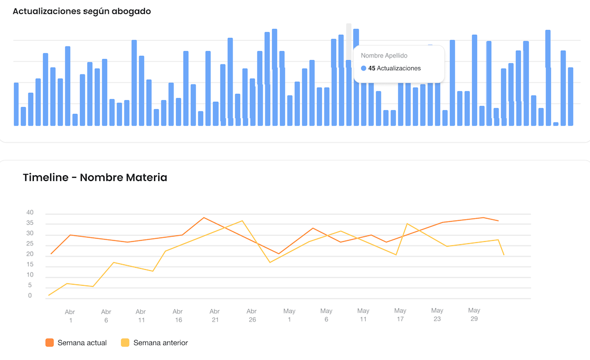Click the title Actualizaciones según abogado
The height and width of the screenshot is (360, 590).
click(82, 11)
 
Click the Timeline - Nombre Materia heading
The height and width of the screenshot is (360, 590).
click(95, 177)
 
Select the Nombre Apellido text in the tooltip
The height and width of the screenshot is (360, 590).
click(384, 55)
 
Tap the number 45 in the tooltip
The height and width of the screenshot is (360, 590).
click(372, 68)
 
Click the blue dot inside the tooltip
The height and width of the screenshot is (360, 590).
click(364, 68)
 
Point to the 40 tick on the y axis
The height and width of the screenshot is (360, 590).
click(30, 213)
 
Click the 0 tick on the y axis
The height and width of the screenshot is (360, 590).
click(30, 296)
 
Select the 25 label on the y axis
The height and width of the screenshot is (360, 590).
click(30, 244)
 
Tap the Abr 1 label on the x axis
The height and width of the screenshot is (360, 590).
click(70, 316)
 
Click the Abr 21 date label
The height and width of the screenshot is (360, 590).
click(214, 316)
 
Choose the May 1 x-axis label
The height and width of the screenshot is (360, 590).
click(289, 316)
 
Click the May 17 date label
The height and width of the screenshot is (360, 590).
click(400, 315)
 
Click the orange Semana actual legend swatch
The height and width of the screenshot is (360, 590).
click(50, 343)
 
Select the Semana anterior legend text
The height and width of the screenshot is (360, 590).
click(160, 343)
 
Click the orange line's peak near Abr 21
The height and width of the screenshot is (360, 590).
click(204, 217)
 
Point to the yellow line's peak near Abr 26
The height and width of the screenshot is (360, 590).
click(242, 221)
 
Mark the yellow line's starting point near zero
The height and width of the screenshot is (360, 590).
click(49, 295)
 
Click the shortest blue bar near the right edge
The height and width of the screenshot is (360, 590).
click(556, 124)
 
